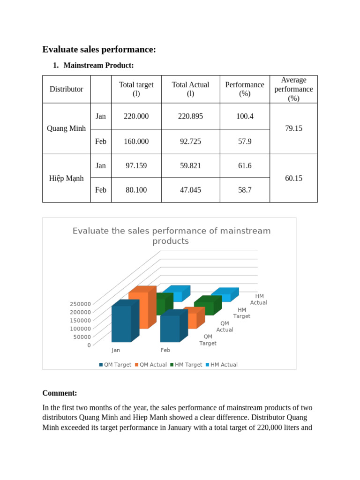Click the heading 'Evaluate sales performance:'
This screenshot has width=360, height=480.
pyautogui.click(x=99, y=50)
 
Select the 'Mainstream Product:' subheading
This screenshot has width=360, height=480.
pyautogui.click(x=98, y=65)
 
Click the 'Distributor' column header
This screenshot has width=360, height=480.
pyautogui.click(x=67, y=89)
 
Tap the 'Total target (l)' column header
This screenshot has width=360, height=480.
pyautogui.click(x=136, y=89)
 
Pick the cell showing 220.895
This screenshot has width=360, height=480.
pyautogui.click(x=190, y=116)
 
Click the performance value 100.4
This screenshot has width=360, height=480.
pyautogui.click(x=245, y=116)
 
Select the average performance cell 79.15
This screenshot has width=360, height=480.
pyautogui.click(x=293, y=128)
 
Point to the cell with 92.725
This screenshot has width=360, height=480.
pyautogui.click(x=190, y=141)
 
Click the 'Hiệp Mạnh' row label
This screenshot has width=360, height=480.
pyautogui.click(x=67, y=178)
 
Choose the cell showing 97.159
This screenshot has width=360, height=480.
pyautogui.click(x=136, y=165)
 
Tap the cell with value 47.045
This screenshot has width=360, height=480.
pyautogui.click(x=190, y=190)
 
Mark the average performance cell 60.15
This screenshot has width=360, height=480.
pyautogui.click(x=293, y=178)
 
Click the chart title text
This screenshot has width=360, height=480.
pyautogui.click(x=171, y=236)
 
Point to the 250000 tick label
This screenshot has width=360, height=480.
pyautogui.click(x=80, y=304)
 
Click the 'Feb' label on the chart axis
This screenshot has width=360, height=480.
pyautogui.click(x=165, y=350)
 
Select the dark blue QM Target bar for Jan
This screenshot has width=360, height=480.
pyautogui.click(x=121, y=323)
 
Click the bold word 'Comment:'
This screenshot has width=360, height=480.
pyautogui.click(x=60, y=393)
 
